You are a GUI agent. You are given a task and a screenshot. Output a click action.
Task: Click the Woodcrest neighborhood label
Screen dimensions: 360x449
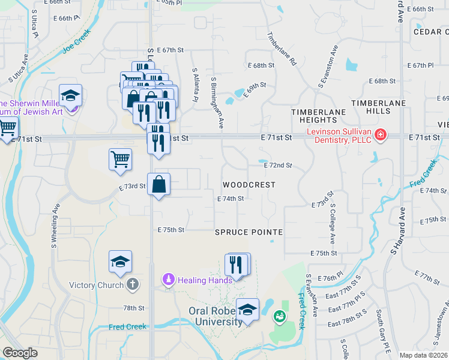point(249,185)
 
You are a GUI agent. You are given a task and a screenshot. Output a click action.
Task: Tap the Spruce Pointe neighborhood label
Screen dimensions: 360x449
point(249,232)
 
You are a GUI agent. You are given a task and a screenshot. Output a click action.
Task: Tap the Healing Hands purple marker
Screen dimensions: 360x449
point(168,280)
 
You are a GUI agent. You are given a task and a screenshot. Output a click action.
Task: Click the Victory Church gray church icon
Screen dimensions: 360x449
point(133,285)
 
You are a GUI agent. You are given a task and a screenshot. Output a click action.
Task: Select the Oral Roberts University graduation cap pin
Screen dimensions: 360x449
point(247,310)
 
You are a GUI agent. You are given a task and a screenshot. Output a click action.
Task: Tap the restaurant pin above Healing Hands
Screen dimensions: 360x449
point(237,265)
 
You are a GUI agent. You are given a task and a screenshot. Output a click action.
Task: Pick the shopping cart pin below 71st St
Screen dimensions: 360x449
point(120,159)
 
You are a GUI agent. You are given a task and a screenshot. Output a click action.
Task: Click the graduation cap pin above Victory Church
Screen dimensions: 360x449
point(120,262)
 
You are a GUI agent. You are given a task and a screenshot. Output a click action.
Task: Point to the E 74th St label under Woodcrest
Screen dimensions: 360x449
point(231,199)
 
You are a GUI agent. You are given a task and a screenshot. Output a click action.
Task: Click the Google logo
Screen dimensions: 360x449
point(20,353)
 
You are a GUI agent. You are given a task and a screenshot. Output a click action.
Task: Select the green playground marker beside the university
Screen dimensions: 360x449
point(279,316)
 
